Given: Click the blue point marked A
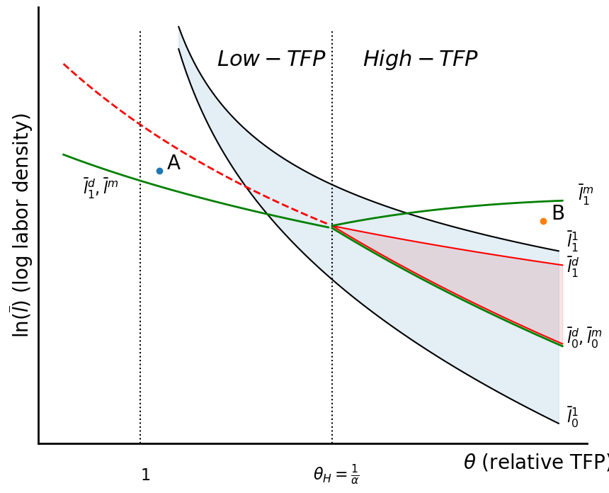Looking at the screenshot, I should (x=159, y=171).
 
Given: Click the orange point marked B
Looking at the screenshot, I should (x=543, y=221).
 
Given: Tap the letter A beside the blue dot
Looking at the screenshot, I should (x=173, y=164).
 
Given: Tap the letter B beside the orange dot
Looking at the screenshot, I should (x=558, y=214).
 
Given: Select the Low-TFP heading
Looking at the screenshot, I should (x=271, y=59).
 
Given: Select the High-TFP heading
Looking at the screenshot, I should (x=420, y=59).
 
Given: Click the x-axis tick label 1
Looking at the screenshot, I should (x=145, y=475).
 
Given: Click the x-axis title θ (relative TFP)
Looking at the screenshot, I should (x=535, y=463).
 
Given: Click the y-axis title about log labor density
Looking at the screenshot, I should (x=21, y=225).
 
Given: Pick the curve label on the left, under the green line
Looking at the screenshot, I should (x=101, y=188).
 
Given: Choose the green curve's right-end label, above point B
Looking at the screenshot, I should (x=585, y=195).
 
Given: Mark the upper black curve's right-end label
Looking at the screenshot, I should (x=572, y=242).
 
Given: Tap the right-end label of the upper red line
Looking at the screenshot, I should (x=572, y=267).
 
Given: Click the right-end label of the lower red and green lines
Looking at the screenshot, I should (x=584, y=338).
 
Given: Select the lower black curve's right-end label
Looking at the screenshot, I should (x=572, y=417).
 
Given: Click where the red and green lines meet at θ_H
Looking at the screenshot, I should (x=332, y=227).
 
